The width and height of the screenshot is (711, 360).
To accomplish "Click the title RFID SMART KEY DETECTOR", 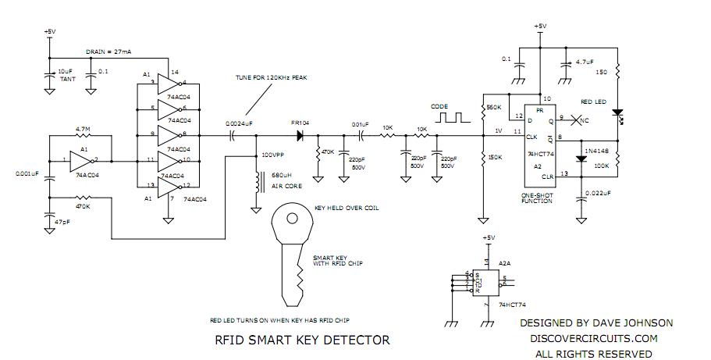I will coord(302,340).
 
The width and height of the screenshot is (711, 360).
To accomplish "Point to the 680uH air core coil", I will coord(255,185).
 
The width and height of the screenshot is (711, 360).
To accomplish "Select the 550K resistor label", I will coord(493,107).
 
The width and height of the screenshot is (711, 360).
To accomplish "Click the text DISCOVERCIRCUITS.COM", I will coord(594,338).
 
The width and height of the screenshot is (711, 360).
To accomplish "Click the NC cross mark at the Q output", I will coord(575,121).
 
